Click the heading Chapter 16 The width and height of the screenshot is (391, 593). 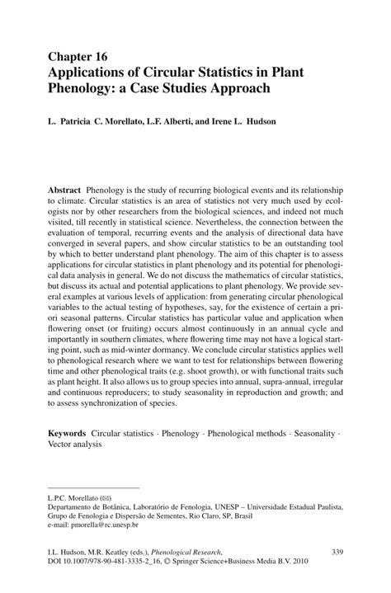point(79,56)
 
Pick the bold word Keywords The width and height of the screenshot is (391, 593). point(70,432)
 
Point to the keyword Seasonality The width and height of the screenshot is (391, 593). point(313,432)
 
